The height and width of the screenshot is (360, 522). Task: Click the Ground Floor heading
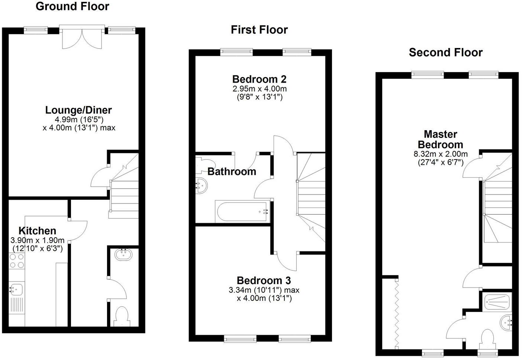point(72,6)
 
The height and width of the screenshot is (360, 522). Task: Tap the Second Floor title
point(445,52)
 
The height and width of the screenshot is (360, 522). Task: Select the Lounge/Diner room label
point(78,110)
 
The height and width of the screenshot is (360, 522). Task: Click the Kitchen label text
point(37,231)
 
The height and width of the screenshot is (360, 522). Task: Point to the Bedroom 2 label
point(259,79)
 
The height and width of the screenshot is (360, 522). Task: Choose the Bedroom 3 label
point(264,280)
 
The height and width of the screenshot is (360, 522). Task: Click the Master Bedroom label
point(440,139)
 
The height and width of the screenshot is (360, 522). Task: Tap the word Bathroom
point(232,171)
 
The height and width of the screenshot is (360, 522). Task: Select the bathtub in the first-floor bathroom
point(242,212)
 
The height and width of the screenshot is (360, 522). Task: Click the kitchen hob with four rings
point(16,261)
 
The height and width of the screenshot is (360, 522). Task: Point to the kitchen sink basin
point(16,289)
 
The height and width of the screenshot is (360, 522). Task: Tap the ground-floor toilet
point(122,316)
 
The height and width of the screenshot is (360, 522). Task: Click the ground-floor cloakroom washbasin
point(123,255)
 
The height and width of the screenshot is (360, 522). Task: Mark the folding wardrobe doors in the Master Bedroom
point(397,312)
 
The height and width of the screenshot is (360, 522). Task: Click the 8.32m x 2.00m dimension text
point(441,154)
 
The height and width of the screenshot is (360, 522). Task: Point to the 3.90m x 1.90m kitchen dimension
point(38,240)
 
